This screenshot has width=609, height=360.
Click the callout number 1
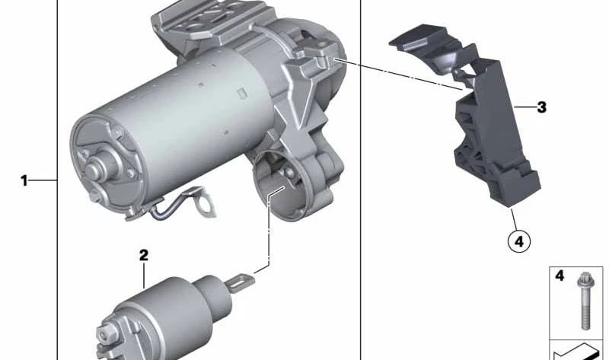24,180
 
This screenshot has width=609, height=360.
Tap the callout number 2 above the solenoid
143,256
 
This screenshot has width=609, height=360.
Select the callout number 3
541,108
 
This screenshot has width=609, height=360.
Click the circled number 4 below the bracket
518,241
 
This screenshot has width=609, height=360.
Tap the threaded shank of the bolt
585,313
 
